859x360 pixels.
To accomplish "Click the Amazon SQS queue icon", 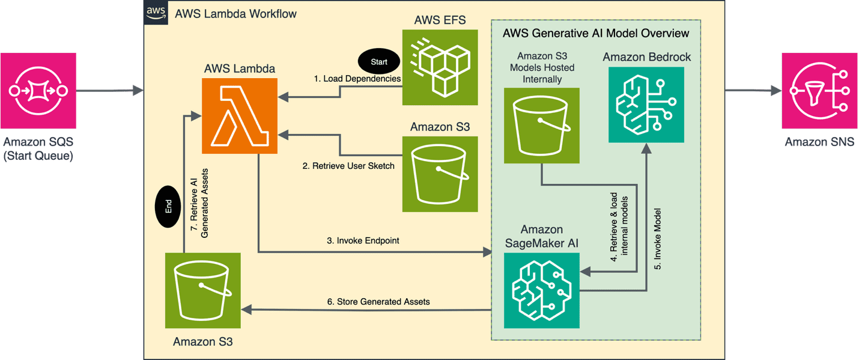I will click(x=38, y=91).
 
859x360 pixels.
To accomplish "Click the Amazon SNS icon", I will click(x=819, y=91).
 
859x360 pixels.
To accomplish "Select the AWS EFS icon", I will click(x=440, y=68).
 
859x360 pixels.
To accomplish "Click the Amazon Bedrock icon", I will click(x=646, y=105).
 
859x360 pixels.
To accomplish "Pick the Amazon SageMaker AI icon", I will click(x=541, y=290).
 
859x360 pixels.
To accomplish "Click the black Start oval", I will click(x=379, y=61).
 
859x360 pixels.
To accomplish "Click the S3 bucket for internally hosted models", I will click(x=541, y=126).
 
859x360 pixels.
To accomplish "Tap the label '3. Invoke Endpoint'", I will click(x=363, y=240).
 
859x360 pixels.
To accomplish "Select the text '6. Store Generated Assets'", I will click(x=378, y=302).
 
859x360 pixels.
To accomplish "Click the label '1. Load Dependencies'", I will click(x=357, y=79).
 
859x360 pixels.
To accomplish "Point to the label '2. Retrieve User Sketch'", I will click(x=348, y=166).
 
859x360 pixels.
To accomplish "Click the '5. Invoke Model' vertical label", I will click(x=657, y=238).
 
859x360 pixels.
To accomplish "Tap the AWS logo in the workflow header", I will click(x=156, y=13).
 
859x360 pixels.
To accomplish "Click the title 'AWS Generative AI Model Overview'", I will click(x=595, y=33).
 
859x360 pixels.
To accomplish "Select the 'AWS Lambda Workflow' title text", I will click(x=235, y=14).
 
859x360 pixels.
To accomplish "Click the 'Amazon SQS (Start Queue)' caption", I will click(x=38, y=150).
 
